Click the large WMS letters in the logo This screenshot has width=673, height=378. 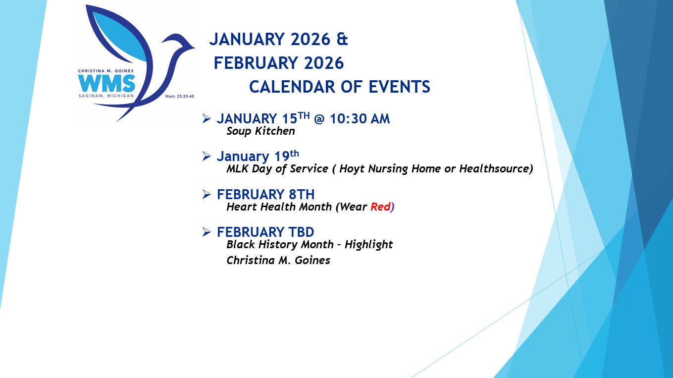pos(106,83)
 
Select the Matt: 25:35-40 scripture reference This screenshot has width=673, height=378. pos(180,97)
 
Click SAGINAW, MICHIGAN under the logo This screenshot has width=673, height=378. pos(106,96)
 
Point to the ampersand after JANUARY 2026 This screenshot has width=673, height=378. pos(342,39)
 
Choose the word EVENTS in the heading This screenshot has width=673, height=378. pos(399,87)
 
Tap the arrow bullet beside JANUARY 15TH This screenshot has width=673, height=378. pos(207,118)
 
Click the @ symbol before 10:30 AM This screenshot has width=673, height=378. pos(319,119)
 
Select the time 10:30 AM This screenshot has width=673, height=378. pos(360,119)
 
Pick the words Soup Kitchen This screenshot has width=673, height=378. pos(260,131)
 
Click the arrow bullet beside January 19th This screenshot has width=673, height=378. pos(207,156)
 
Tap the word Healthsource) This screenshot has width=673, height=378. pos(496,168)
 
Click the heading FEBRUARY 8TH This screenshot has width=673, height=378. pos(265,194)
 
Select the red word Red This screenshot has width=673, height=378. pos(380,207)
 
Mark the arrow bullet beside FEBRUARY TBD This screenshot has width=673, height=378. pos(207,232)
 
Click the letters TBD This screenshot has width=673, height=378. pos(301,232)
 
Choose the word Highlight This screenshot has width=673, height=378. pos(368,245)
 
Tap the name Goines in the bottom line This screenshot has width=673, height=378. pos(312,260)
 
